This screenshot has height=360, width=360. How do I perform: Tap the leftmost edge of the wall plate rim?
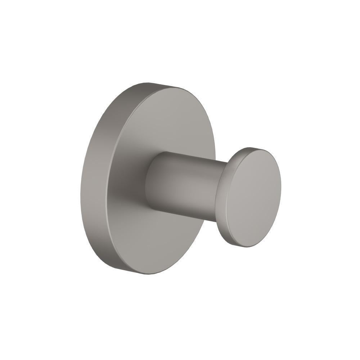pyautogui.click(x=80, y=187)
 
